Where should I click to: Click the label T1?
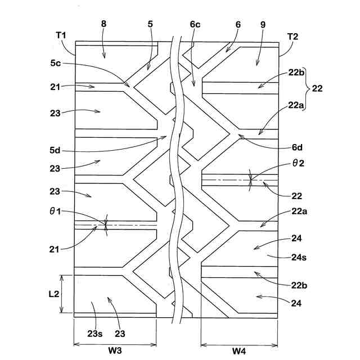click(61, 35)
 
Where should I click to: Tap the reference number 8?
click(103, 24)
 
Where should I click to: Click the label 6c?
click(195, 24)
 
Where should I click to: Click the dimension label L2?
click(53, 294)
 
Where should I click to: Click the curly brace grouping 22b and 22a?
click(307, 88)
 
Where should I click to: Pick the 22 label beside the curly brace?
click(318, 88)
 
